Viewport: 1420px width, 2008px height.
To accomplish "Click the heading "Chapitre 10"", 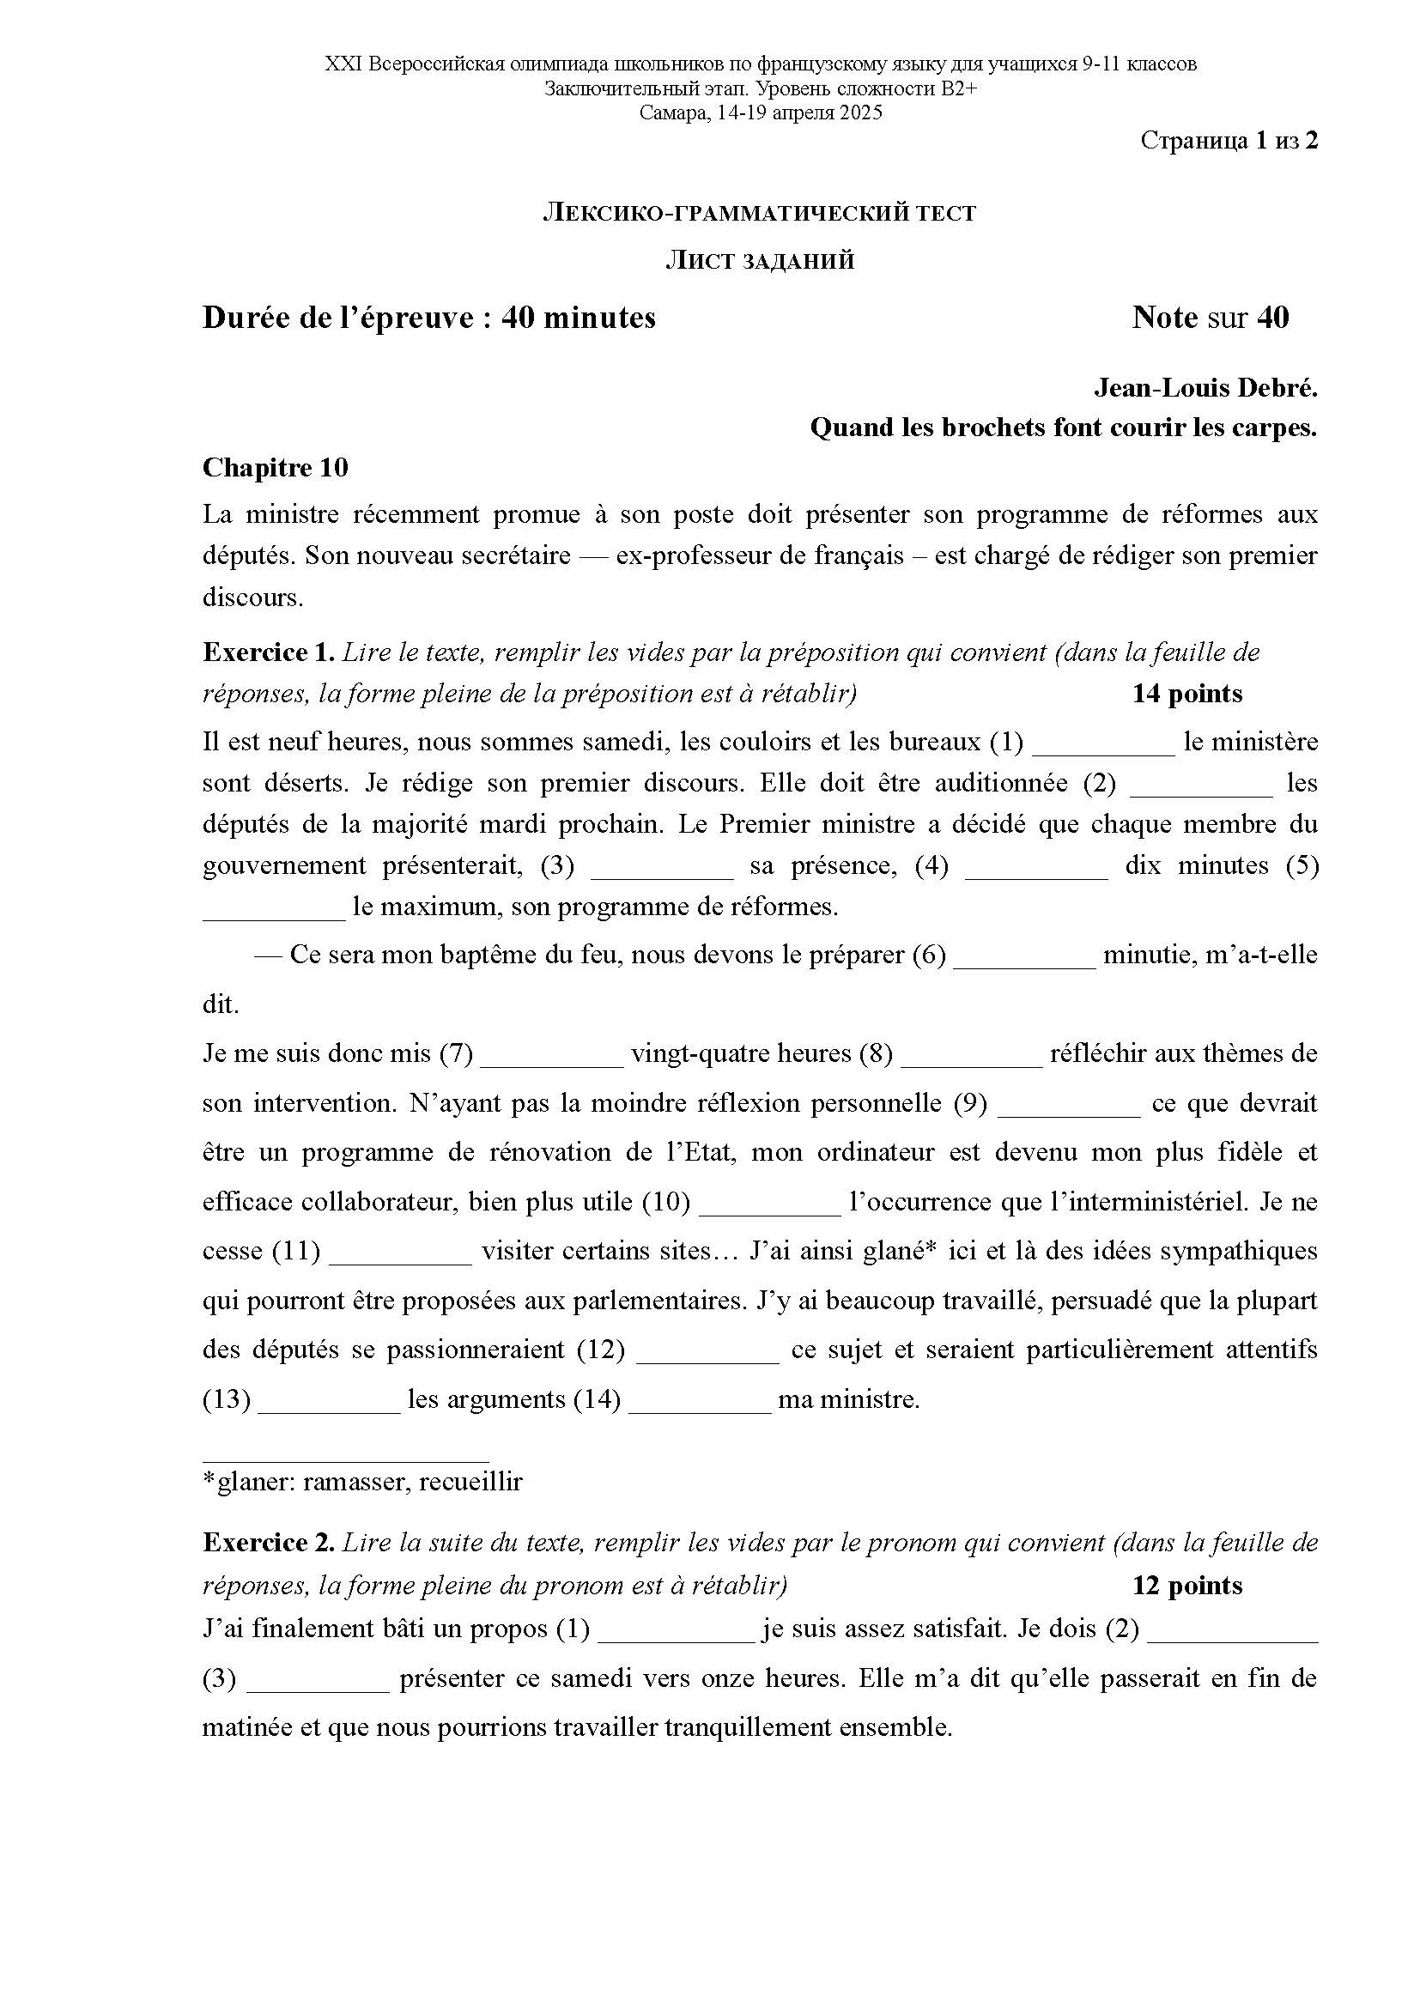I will (x=275, y=468).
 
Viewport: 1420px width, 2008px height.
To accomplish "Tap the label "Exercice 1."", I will (x=269, y=652).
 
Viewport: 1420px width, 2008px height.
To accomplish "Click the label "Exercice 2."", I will (x=269, y=1542).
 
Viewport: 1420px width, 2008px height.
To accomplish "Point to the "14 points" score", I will (x=1186, y=694).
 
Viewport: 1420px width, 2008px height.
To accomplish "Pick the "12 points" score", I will (x=1186, y=1585).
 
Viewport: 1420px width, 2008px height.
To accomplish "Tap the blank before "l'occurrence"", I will (x=769, y=1204).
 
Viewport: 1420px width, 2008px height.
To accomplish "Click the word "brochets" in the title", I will (x=996, y=428).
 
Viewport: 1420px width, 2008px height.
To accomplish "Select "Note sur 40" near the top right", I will (x=1211, y=317).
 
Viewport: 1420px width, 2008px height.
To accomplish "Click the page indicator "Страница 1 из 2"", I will (x=1229, y=141).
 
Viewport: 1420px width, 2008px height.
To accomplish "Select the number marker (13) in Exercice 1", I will (x=227, y=1400).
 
